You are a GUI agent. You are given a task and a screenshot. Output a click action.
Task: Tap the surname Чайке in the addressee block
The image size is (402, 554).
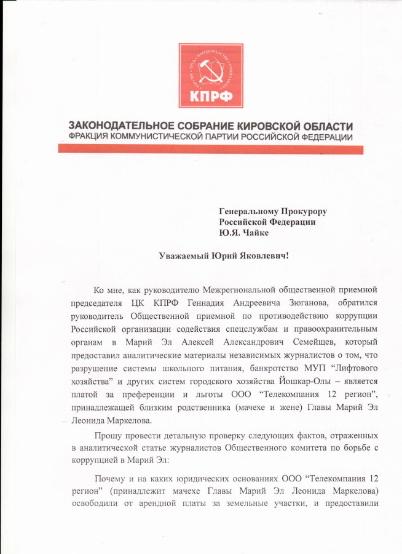pyautogui.click(x=254, y=233)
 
